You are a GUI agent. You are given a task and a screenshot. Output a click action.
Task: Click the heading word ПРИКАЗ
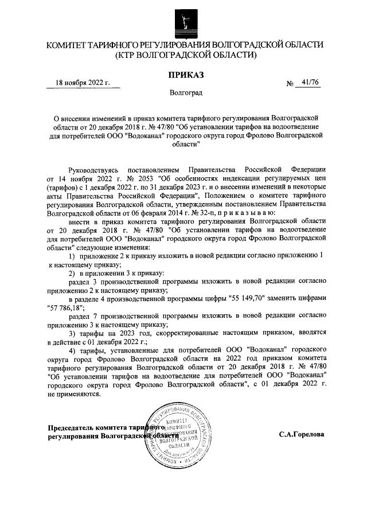[x=184, y=75]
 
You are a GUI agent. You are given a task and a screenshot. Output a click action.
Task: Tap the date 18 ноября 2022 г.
[x=82, y=83]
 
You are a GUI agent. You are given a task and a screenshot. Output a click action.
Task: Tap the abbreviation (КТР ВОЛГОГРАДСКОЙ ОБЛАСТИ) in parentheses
[x=184, y=56]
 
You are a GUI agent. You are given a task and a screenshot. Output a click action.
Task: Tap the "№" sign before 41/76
[x=290, y=84]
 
